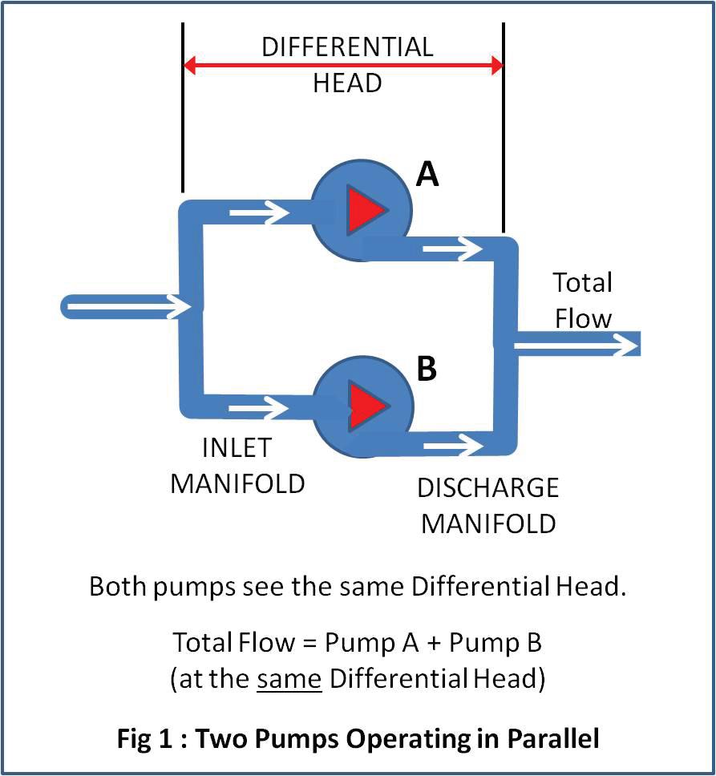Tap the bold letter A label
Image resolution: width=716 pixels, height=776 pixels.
427,174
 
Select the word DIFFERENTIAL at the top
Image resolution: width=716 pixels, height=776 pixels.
346,46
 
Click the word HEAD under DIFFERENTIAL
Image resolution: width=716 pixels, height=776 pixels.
346,83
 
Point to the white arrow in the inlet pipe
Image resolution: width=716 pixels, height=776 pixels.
128,305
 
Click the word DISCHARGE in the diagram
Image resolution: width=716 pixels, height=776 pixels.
487,487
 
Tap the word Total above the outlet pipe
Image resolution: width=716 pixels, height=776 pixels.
582,282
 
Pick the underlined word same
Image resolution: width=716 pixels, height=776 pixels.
289,678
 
